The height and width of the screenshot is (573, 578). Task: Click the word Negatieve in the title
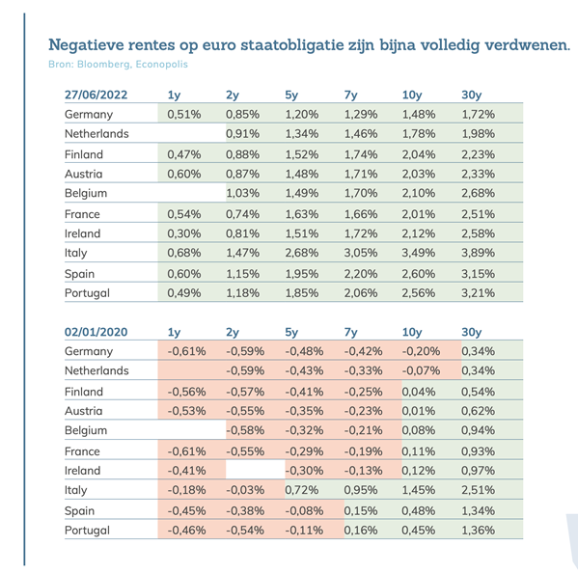click(x=86, y=45)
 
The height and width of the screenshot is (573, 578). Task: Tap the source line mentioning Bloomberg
click(x=118, y=64)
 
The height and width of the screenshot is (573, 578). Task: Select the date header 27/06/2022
click(x=96, y=95)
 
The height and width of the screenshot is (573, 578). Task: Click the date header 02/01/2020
click(x=96, y=332)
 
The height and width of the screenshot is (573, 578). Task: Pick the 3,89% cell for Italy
click(x=478, y=253)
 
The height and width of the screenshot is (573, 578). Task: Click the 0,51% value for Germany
click(x=184, y=114)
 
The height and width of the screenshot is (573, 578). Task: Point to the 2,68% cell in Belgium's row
click(x=478, y=193)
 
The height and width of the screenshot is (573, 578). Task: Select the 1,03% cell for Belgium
click(x=242, y=193)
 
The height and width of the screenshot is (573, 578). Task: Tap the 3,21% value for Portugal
click(x=478, y=293)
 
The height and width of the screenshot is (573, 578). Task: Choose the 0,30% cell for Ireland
click(x=184, y=233)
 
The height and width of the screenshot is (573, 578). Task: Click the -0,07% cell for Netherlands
click(x=421, y=370)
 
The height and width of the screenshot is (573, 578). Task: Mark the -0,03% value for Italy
click(x=245, y=490)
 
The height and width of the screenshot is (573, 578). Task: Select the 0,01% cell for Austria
click(x=419, y=411)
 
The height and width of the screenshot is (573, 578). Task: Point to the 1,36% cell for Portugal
click(x=478, y=531)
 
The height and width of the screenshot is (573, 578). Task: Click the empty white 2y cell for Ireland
click(x=255, y=470)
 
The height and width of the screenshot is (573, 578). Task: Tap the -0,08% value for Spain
click(x=304, y=510)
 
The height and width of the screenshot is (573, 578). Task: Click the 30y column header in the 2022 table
click(x=472, y=95)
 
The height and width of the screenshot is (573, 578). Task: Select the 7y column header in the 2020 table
click(x=350, y=333)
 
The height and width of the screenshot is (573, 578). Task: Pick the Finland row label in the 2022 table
click(x=84, y=154)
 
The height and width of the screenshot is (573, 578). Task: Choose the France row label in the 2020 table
click(x=82, y=451)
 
